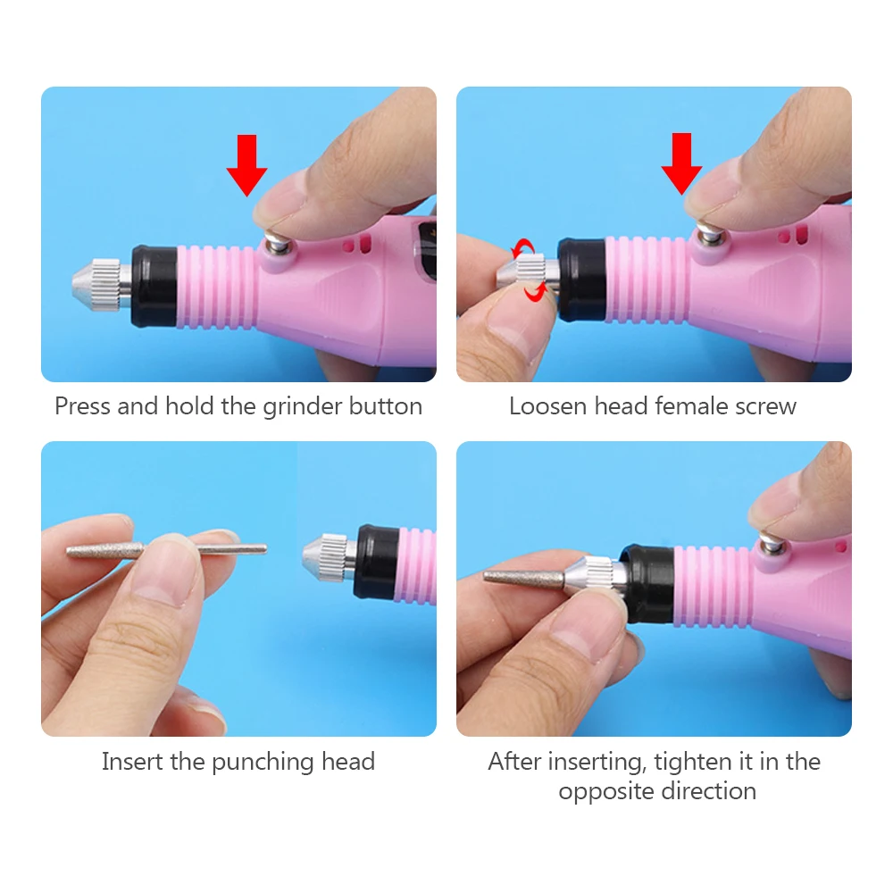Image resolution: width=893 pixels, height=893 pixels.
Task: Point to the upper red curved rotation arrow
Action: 522,248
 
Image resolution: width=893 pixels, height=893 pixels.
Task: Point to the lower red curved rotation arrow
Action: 536,292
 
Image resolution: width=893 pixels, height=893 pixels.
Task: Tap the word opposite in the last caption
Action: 605,792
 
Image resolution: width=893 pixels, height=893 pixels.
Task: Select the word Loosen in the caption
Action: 548,406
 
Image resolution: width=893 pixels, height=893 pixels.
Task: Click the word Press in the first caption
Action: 83,406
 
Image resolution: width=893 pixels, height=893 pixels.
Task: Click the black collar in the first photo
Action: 154,287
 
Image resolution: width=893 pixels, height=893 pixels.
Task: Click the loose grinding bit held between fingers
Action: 166,550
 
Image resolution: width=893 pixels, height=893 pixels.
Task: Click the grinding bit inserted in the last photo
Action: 524,578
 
